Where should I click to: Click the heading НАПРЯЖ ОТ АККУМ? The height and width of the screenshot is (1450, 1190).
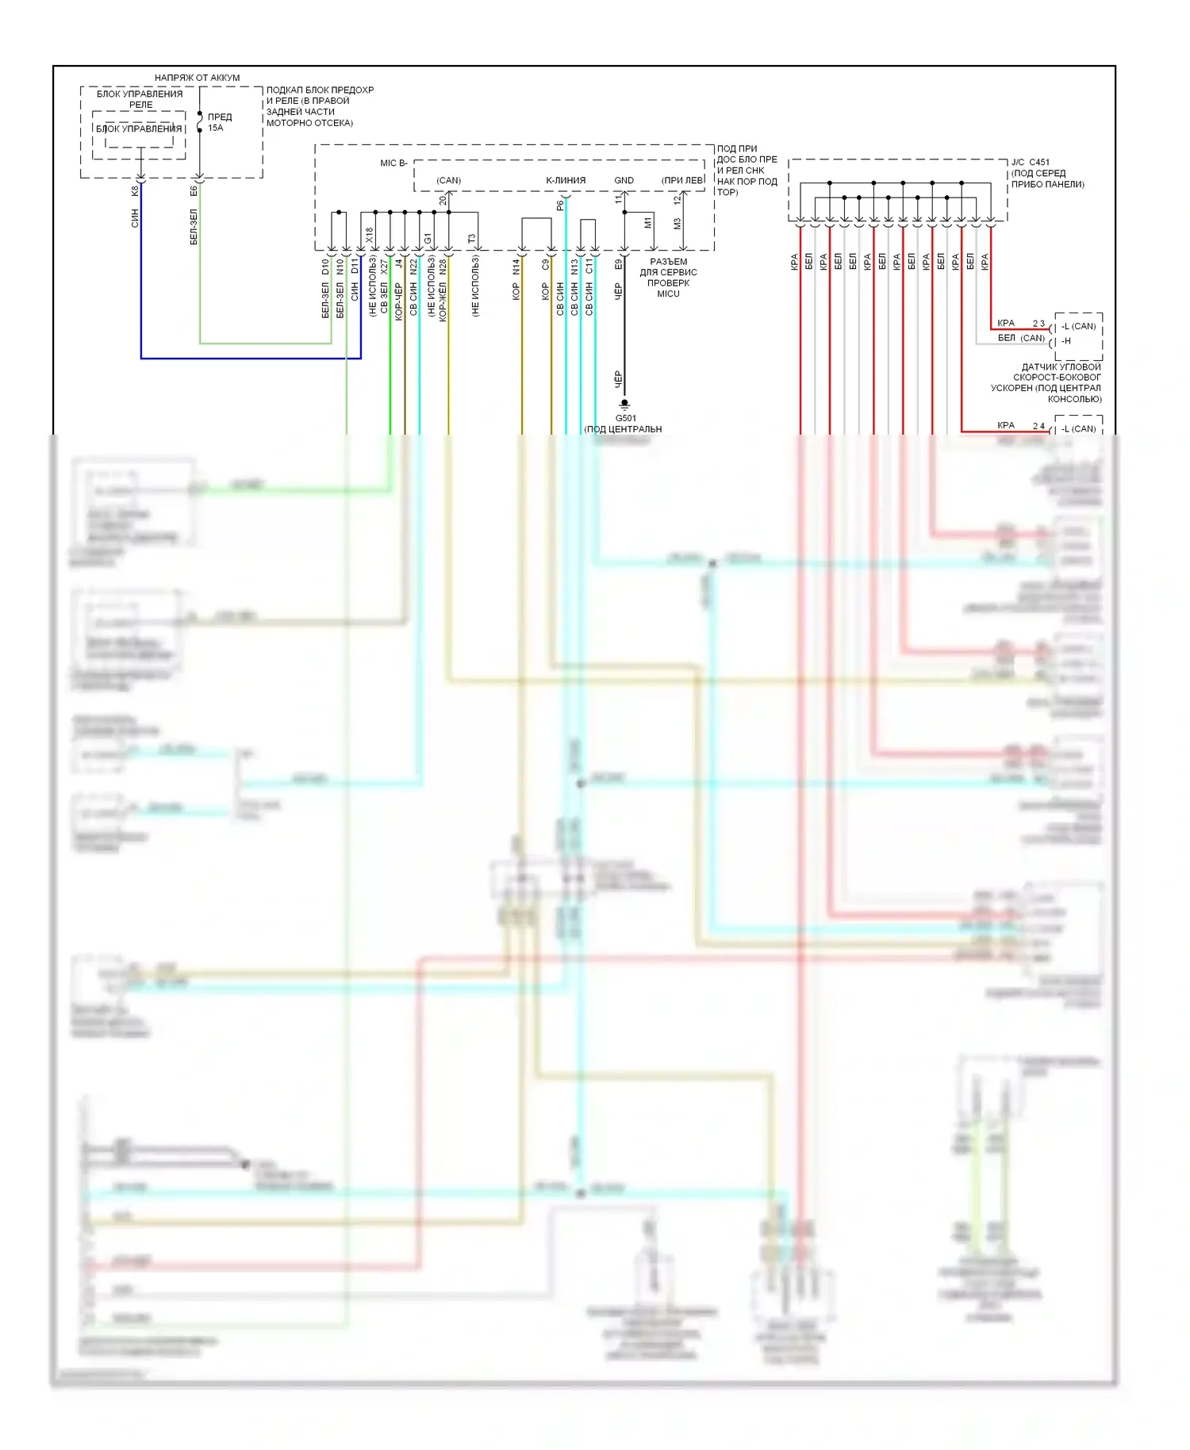pos(197,78)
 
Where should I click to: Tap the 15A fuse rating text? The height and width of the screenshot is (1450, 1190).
pos(216,128)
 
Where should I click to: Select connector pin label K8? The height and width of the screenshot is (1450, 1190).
pos(135,191)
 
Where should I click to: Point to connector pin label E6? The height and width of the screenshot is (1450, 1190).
pos(194,191)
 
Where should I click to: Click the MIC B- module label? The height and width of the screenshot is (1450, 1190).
pos(393,163)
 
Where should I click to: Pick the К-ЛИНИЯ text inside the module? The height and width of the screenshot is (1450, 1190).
pos(566,181)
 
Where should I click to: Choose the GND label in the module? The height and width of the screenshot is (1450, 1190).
pos(624,181)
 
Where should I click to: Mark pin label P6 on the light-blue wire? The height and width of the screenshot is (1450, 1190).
pos(560,205)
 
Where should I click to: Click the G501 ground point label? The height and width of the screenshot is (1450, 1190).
pos(626,418)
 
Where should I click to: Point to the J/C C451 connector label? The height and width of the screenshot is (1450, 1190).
pos(1030,163)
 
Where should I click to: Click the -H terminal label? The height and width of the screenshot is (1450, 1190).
pos(1066,341)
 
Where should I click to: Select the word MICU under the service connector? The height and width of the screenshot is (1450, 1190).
pos(668,294)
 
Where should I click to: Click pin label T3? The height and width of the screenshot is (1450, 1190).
pos(471,238)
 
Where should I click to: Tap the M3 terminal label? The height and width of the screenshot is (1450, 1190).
pos(678,224)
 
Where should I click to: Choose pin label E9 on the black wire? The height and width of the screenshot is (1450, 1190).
pos(618,264)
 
